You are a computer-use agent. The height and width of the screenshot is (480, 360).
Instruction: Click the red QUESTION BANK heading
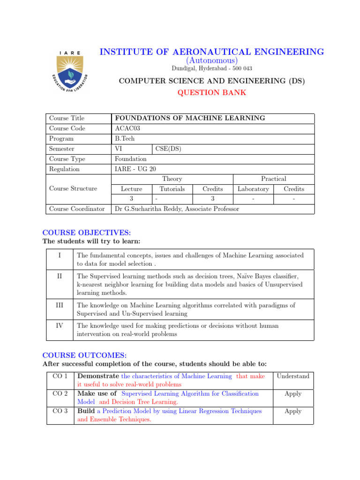tap(211, 92)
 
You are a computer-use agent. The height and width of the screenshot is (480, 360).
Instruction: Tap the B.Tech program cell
tap(125, 139)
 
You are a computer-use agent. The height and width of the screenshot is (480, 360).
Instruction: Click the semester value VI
tap(119, 149)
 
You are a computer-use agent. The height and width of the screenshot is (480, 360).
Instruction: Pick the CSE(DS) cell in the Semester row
tap(168, 149)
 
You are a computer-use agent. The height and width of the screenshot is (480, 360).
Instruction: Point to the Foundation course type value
tap(131, 159)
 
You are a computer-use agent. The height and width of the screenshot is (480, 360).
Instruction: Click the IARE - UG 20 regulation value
tap(135, 169)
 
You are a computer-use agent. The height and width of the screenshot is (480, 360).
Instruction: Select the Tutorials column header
tap(172, 189)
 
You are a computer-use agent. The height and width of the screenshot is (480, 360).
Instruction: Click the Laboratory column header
tap(253, 189)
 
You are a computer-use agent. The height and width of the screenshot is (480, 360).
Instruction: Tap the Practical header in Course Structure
tap(273, 179)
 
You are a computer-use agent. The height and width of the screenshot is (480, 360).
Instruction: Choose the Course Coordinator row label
tap(77, 209)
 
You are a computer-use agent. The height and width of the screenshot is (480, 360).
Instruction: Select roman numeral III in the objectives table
tap(59, 305)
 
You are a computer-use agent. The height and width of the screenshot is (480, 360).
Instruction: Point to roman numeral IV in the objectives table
tap(59, 325)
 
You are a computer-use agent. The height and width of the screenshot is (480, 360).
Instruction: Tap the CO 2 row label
tap(60, 394)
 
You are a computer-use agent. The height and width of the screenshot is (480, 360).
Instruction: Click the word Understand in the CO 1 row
tap(293, 376)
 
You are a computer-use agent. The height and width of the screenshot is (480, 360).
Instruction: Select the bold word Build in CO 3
tap(86, 411)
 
